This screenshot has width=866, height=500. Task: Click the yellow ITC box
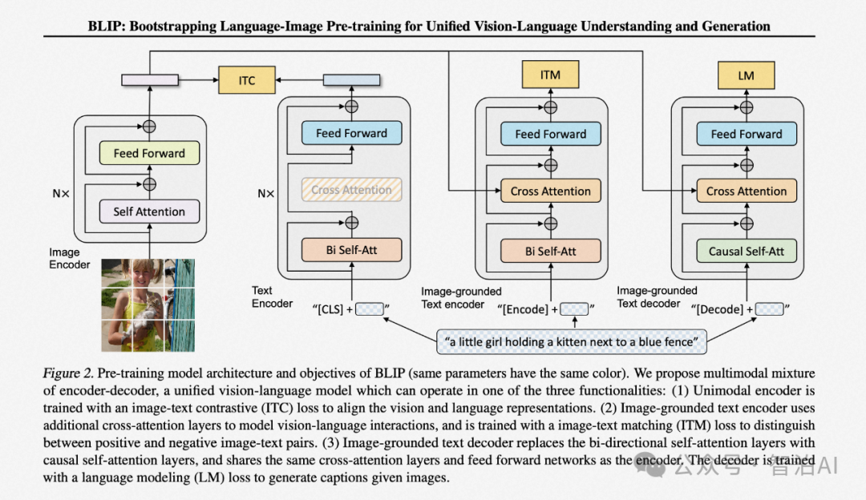pyautogui.click(x=247, y=80)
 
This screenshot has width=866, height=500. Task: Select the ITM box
pyautogui.click(x=550, y=75)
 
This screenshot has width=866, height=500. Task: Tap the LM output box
pyautogui.click(x=746, y=76)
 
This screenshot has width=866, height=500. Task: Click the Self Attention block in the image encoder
pyautogui.click(x=149, y=212)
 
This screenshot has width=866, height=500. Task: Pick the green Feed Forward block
pyautogui.click(x=149, y=153)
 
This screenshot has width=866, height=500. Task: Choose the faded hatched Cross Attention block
pyautogui.click(x=351, y=191)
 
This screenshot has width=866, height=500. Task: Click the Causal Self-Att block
pyautogui.click(x=747, y=251)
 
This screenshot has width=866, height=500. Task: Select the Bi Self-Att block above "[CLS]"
pyautogui.click(x=351, y=249)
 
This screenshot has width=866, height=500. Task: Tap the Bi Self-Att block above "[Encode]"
pyautogui.click(x=550, y=251)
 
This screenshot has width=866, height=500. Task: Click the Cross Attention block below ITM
pyautogui.click(x=550, y=192)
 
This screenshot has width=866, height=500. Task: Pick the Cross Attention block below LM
pyautogui.click(x=747, y=192)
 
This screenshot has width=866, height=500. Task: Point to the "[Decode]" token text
pyautogui.click(x=719, y=309)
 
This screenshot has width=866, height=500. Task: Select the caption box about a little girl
pyautogui.click(x=572, y=342)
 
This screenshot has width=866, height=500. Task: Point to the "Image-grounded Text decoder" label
pyautogui.click(x=657, y=296)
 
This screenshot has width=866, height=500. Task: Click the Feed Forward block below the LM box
pyautogui.click(x=747, y=134)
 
